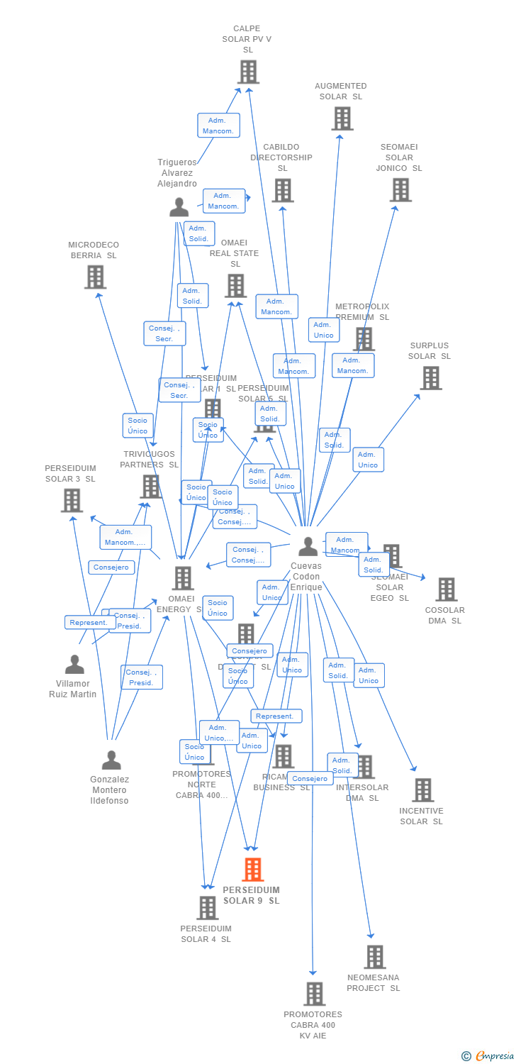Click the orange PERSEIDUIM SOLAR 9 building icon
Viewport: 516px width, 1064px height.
click(252, 869)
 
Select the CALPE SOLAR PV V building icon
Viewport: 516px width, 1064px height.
click(248, 72)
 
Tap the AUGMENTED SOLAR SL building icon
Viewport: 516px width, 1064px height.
click(342, 118)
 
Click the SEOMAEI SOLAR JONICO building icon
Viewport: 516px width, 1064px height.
click(400, 189)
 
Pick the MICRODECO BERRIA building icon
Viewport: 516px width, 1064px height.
click(95, 277)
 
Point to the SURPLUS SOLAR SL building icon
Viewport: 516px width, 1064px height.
click(431, 378)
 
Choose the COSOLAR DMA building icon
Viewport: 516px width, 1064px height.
click(446, 589)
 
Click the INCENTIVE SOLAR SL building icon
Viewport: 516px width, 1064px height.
click(422, 789)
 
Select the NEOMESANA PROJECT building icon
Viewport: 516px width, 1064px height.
click(374, 956)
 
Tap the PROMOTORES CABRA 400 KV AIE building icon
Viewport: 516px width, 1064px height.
click(314, 993)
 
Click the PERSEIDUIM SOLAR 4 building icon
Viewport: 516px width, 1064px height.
click(207, 907)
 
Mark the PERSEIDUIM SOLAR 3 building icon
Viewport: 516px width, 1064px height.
click(72, 500)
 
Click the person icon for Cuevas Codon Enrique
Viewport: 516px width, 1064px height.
click(308, 546)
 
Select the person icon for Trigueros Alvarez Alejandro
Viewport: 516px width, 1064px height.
click(179, 207)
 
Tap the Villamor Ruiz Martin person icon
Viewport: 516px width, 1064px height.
click(74, 665)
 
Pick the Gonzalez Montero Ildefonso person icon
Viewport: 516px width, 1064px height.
click(111, 760)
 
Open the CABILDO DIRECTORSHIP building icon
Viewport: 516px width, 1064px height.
click(282, 190)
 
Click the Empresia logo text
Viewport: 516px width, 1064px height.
click(494, 1056)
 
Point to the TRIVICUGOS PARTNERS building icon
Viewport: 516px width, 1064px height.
click(150, 486)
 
